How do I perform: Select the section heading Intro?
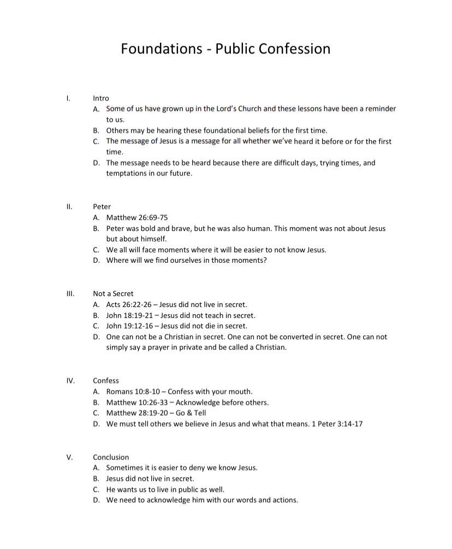coord(101,98)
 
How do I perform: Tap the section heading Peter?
coord(102,206)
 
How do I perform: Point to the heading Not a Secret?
coord(113,293)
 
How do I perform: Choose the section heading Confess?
coord(106,380)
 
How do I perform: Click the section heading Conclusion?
coord(111,457)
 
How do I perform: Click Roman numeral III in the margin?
coord(69,293)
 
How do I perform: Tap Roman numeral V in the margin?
coord(69,457)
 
